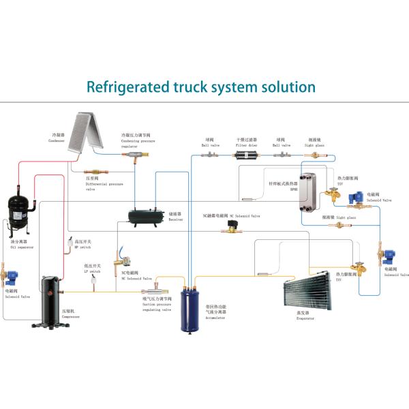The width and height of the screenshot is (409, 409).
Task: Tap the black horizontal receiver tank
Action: (x=145, y=217)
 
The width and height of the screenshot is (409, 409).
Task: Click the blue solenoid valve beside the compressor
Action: (x=15, y=279)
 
